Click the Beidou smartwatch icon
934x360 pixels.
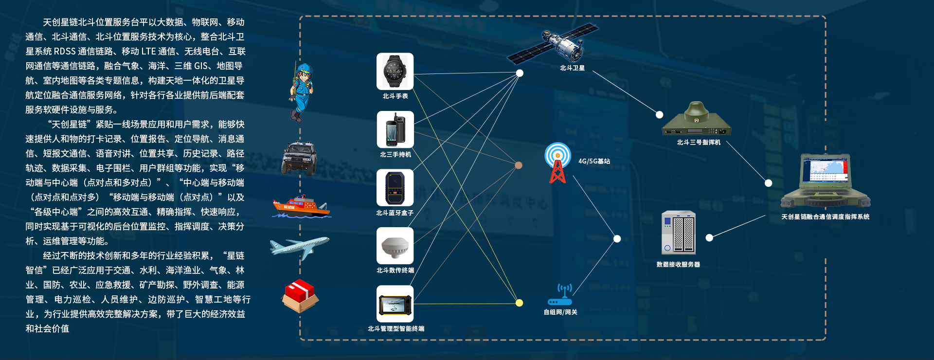tap(395, 71)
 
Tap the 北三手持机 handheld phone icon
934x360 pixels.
tap(395, 129)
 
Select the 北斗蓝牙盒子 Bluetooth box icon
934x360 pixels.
tap(395, 188)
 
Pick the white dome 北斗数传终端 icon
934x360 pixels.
tap(395, 246)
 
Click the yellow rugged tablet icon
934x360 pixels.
tap(395, 304)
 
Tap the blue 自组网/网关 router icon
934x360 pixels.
tap(560, 296)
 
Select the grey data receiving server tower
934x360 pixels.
tap(679, 233)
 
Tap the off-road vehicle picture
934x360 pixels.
tap(299, 158)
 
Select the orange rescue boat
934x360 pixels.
tap(301, 206)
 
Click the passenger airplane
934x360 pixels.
tap(300, 247)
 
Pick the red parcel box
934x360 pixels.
tap(300, 296)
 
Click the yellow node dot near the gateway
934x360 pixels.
tap(520, 303)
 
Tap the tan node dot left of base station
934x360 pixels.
tap(519, 165)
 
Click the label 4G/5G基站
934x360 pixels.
tap(594, 162)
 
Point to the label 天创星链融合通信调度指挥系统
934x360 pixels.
tap(825, 217)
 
